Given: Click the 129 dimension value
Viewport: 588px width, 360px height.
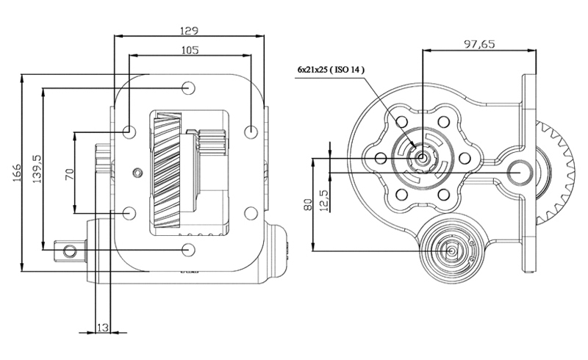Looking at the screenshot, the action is [189, 30].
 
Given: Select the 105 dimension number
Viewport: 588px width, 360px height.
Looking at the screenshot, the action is [190, 50].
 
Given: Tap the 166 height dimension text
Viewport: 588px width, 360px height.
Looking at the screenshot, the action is [17, 173].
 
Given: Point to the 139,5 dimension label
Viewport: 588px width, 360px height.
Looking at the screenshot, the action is [37, 169].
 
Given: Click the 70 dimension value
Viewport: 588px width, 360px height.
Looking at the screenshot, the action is [70, 174].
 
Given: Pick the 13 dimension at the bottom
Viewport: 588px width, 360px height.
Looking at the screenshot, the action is [103, 328].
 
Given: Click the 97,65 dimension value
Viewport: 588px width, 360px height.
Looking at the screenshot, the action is [480, 44].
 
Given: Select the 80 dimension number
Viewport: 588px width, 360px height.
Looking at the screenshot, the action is [307, 205].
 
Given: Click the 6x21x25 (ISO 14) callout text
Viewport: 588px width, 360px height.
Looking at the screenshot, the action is [331, 69].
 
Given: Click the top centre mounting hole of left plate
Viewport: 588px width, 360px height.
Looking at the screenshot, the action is [188, 88].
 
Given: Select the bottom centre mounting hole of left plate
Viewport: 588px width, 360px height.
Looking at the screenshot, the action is [188, 249].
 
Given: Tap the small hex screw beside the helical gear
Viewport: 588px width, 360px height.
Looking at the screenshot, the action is [138, 172].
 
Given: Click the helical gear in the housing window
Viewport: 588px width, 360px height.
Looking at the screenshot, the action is [168, 170].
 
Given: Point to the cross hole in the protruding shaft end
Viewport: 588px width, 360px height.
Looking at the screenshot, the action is [69, 251].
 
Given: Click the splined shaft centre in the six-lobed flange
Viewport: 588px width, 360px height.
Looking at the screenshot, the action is [422, 158].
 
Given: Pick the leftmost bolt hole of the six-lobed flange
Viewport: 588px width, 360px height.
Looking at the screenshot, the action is [380, 158].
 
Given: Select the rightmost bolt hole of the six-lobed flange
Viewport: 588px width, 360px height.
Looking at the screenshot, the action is [465, 158].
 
